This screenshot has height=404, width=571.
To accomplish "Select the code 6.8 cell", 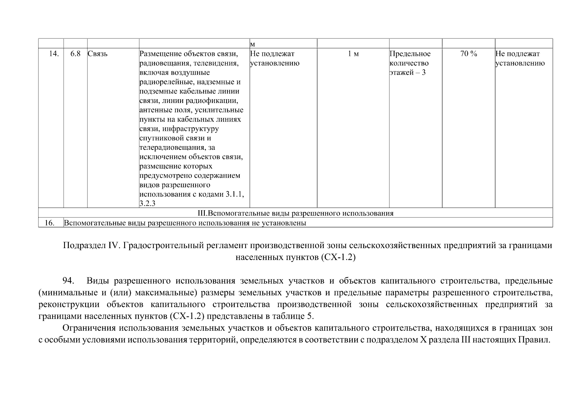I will [x=75, y=54].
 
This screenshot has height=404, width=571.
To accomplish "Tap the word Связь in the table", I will [x=98, y=54].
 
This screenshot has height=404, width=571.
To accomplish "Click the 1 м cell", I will [x=353, y=54].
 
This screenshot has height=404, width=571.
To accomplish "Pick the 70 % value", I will [x=468, y=54].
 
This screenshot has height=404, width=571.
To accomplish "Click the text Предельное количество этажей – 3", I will [x=410, y=63].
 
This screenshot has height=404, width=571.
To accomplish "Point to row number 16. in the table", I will [x=49, y=223].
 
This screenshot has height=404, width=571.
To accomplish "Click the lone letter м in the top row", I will [x=253, y=44].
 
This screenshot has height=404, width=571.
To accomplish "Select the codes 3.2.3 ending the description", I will [x=147, y=204].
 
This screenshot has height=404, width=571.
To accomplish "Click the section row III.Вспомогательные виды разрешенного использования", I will [x=295, y=213].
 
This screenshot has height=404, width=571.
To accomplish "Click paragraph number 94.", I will [x=69, y=281].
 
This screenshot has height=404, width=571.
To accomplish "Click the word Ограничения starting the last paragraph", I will [x=87, y=328].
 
